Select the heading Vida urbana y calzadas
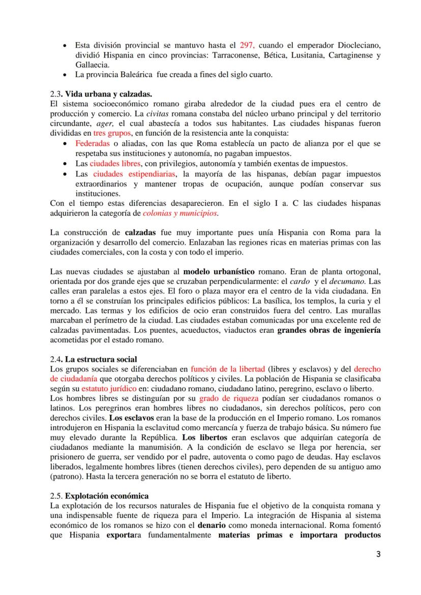tap(102, 95)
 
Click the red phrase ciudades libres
tap(115, 164)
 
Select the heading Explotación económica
tap(107, 495)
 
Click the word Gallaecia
tap(91, 65)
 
